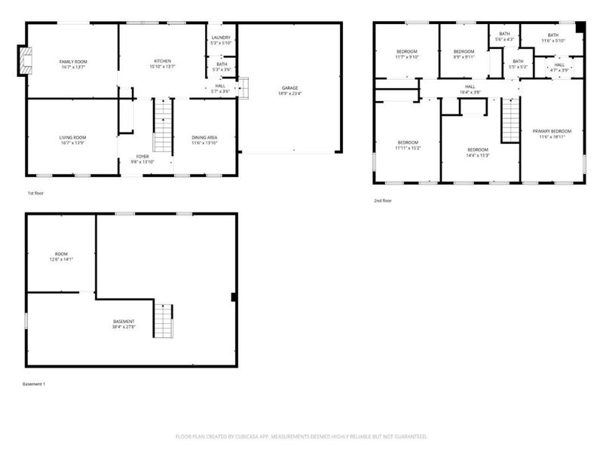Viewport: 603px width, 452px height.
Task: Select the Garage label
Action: pyautogui.click(x=289, y=88)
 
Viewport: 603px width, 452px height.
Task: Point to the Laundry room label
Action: pyautogui.click(x=221, y=37)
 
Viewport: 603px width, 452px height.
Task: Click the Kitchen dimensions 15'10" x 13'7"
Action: pyautogui.click(x=163, y=66)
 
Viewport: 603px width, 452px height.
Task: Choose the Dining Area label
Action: pyautogui.click(x=204, y=138)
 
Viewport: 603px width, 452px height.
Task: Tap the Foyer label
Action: pyautogui.click(x=142, y=157)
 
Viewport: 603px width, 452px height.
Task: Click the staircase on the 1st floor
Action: pyautogui.click(x=164, y=127)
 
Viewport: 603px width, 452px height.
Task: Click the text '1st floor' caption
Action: pyautogui.click(x=35, y=194)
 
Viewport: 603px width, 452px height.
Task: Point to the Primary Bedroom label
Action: pyautogui.click(x=552, y=132)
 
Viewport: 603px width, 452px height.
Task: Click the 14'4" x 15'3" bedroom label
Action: pyautogui.click(x=477, y=155)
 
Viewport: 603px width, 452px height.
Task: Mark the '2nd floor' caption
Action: pyautogui.click(x=383, y=200)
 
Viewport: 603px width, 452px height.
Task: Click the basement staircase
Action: pyautogui.click(x=163, y=320)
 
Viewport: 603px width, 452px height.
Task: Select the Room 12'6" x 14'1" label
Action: pyautogui.click(x=61, y=257)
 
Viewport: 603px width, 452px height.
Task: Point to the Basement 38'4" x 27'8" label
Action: pyautogui.click(x=125, y=325)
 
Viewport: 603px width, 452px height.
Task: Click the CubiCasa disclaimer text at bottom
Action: pyautogui.click(x=301, y=436)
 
